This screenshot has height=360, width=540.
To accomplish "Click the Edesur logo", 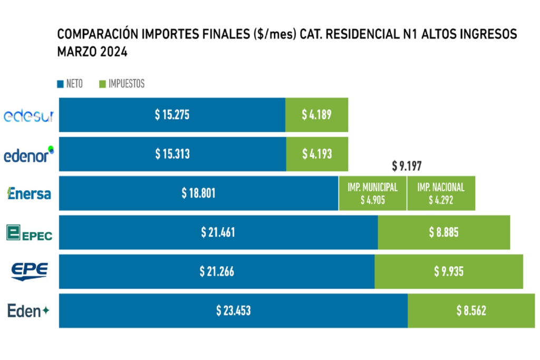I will click(x=28, y=115).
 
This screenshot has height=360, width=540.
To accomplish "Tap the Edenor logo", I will click(x=28, y=154).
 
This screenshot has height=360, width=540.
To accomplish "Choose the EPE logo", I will click(x=30, y=271).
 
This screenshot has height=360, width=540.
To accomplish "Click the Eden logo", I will click(x=28, y=311).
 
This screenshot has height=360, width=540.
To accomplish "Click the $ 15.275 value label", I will click(x=172, y=115).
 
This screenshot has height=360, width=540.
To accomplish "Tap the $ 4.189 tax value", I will click(x=316, y=115).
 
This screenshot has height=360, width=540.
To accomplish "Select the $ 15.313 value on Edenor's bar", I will click(x=172, y=154).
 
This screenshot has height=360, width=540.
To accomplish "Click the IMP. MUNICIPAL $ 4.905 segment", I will click(x=372, y=193).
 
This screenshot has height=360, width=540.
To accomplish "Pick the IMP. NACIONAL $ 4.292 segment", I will click(x=441, y=193).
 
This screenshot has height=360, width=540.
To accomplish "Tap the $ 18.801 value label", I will click(x=198, y=193).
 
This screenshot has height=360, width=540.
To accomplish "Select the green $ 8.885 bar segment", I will click(x=444, y=232).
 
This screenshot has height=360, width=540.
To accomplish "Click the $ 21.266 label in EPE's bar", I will click(x=217, y=271).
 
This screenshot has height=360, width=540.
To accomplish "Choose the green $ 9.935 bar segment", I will click(x=449, y=271).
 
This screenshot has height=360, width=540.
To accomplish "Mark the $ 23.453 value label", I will click(x=233, y=311).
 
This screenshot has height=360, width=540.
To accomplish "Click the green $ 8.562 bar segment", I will click(x=471, y=311).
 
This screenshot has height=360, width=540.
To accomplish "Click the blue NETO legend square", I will click(x=60, y=84).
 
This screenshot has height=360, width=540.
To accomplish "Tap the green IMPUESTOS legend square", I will click(x=102, y=84).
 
